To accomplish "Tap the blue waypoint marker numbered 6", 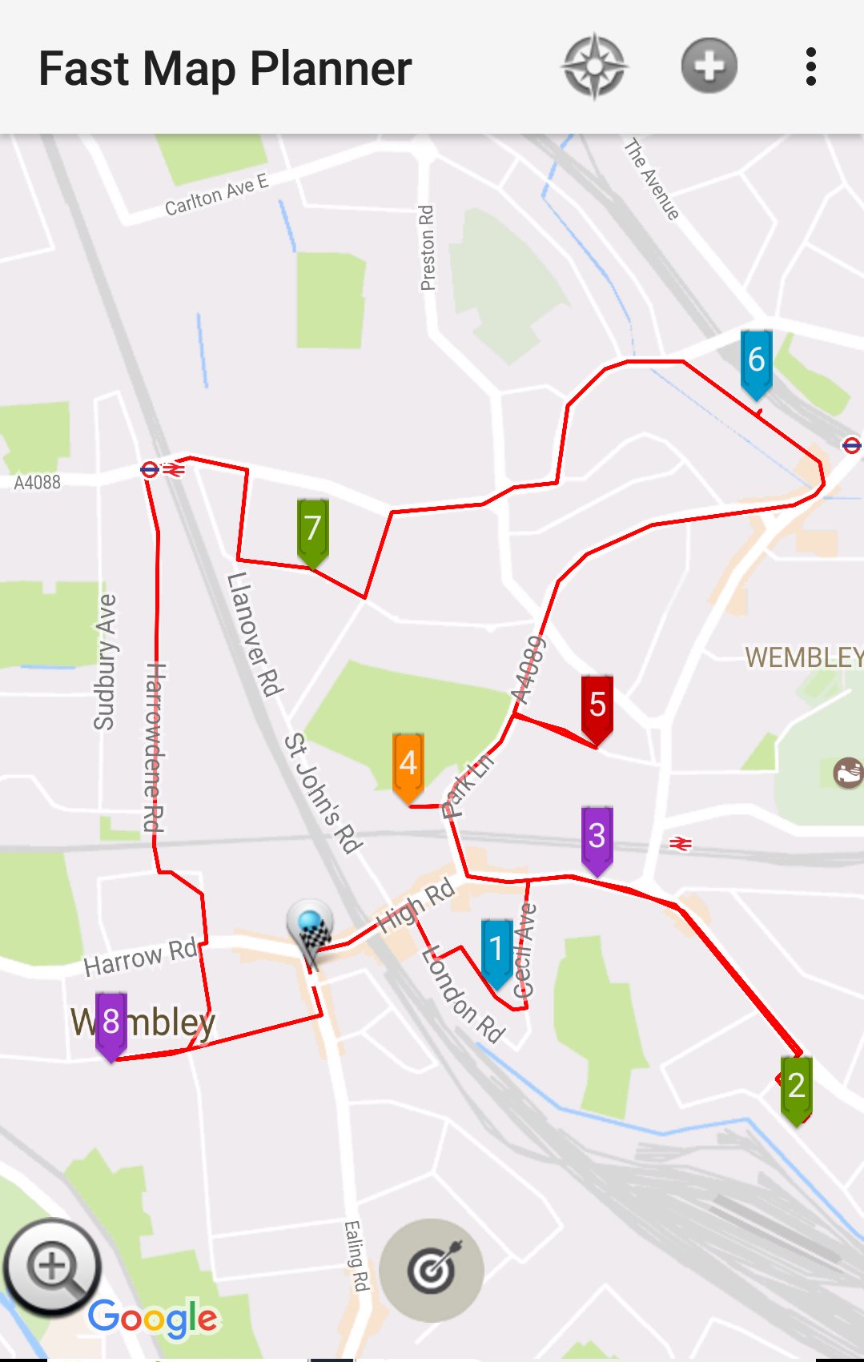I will tap(756, 362).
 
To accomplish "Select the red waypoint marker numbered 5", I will tap(597, 706).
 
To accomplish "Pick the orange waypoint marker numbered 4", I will tap(408, 765).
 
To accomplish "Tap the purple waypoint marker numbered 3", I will tap(597, 838).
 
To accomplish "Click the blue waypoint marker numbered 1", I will tap(496, 950).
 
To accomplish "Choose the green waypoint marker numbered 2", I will tap(796, 1087).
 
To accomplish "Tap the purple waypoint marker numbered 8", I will tap(111, 1023).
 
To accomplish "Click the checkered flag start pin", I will tap(311, 930).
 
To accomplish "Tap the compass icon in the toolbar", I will tap(594, 67).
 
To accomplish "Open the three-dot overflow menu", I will tap(811, 67).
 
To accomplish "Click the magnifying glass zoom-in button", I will tap(53, 1268).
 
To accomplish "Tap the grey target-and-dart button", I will tap(432, 1270).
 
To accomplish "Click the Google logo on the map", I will tap(152, 1318).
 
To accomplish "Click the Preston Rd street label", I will tap(428, 248).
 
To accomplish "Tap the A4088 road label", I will tap(37, 482).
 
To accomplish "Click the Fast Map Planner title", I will tap(225, 69).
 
